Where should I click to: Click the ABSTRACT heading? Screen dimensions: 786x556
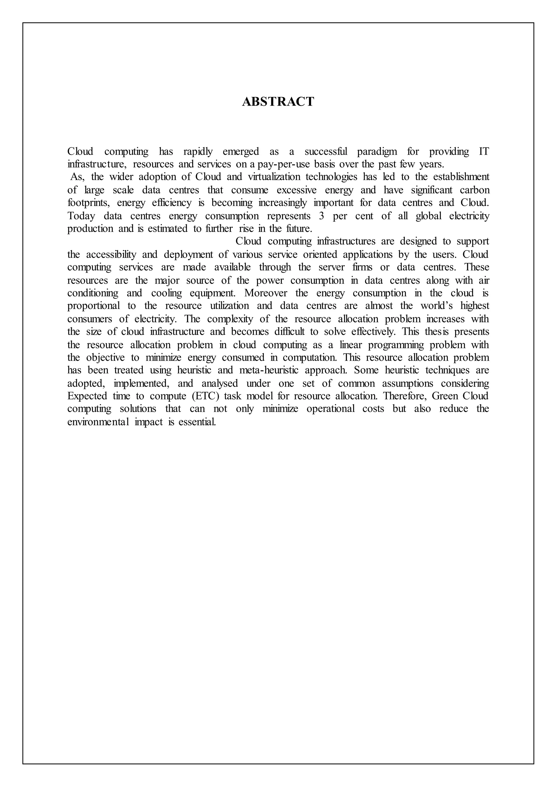278,102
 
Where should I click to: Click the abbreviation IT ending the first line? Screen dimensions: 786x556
484,151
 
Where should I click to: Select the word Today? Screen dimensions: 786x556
81,216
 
